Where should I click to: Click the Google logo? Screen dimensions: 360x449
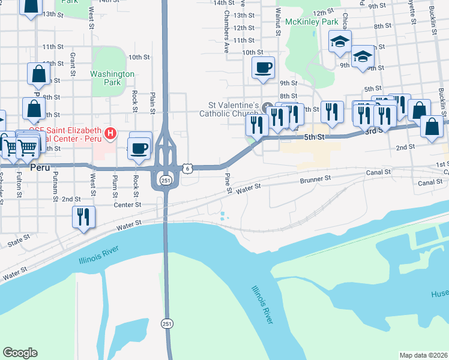coord(20,353)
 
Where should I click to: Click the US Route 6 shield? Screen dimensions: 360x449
coord(188,169)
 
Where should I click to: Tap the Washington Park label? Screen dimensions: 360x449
coord(112,78)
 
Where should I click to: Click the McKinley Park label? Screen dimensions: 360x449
coord(312,22)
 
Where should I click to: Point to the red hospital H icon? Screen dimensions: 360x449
coord(110,133)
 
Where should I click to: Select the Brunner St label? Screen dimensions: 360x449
coord(315,179)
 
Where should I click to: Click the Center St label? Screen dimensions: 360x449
coord(127,205)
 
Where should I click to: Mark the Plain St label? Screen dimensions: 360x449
coord(154,102)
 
